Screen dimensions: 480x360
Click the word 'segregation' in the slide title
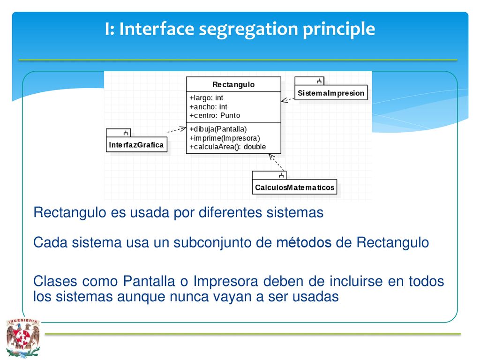(248, 30)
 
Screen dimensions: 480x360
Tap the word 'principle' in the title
(339, 30)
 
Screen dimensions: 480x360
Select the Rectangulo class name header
(233, 84)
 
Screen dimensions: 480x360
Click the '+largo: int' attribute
(206, 97)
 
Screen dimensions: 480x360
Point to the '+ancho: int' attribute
(208, 106)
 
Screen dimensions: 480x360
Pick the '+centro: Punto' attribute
(215, 115)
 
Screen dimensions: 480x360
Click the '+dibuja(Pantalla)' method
(218, 129)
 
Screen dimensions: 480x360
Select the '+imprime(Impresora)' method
(225, 138)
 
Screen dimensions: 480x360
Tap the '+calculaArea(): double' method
(227, 147)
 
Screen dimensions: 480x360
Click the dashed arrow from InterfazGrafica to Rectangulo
(177, 130)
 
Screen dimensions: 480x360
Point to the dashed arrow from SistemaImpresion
(288, 100)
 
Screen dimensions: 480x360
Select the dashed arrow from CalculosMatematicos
(277, 162)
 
